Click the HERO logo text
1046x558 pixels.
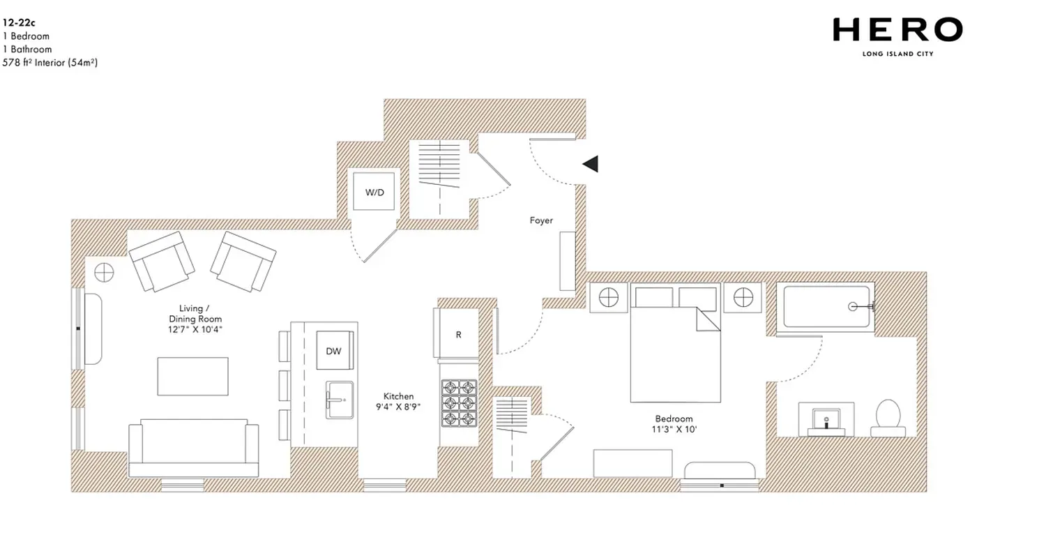tap(897, 30)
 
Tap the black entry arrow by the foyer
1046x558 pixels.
tap(591, 164)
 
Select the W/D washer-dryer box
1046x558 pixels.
tap(374, 191)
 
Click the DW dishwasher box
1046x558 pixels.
tap(334, 350)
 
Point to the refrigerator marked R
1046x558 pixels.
tap(457, 334)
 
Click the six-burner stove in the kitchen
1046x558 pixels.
tap(459, 402)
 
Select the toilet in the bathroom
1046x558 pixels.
tap(888, 417)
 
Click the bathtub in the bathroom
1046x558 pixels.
tap(827, 306)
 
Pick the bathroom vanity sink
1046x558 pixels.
tap(826, 419)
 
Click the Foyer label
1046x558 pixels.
tap(541, 220)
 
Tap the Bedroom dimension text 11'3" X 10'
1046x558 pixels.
tap(674, 430)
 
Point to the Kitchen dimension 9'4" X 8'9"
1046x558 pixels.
tap(398, 407)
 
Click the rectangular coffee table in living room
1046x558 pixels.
tap(192, 376)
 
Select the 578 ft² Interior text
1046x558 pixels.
tap(50, 63)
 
